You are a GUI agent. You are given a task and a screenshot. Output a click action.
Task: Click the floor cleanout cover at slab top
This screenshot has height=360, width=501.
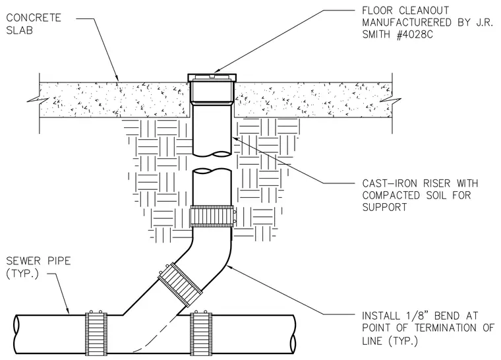point(212,77)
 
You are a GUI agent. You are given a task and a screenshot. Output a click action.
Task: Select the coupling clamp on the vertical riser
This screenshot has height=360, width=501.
point(213,216)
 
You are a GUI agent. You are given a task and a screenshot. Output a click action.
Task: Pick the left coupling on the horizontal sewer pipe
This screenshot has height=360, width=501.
point(96,334)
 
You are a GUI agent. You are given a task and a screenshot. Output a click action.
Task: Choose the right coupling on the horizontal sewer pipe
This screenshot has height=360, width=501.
point(201,334)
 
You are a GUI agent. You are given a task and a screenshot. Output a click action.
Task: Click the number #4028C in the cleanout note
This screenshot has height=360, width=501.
point(415,35)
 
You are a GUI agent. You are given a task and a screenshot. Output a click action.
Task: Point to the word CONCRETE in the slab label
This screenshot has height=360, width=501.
point(34,18)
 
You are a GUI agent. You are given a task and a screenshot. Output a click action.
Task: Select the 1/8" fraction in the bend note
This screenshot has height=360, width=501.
point(413,316)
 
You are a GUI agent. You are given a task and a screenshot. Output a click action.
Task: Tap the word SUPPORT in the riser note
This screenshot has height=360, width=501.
point(385,208)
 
